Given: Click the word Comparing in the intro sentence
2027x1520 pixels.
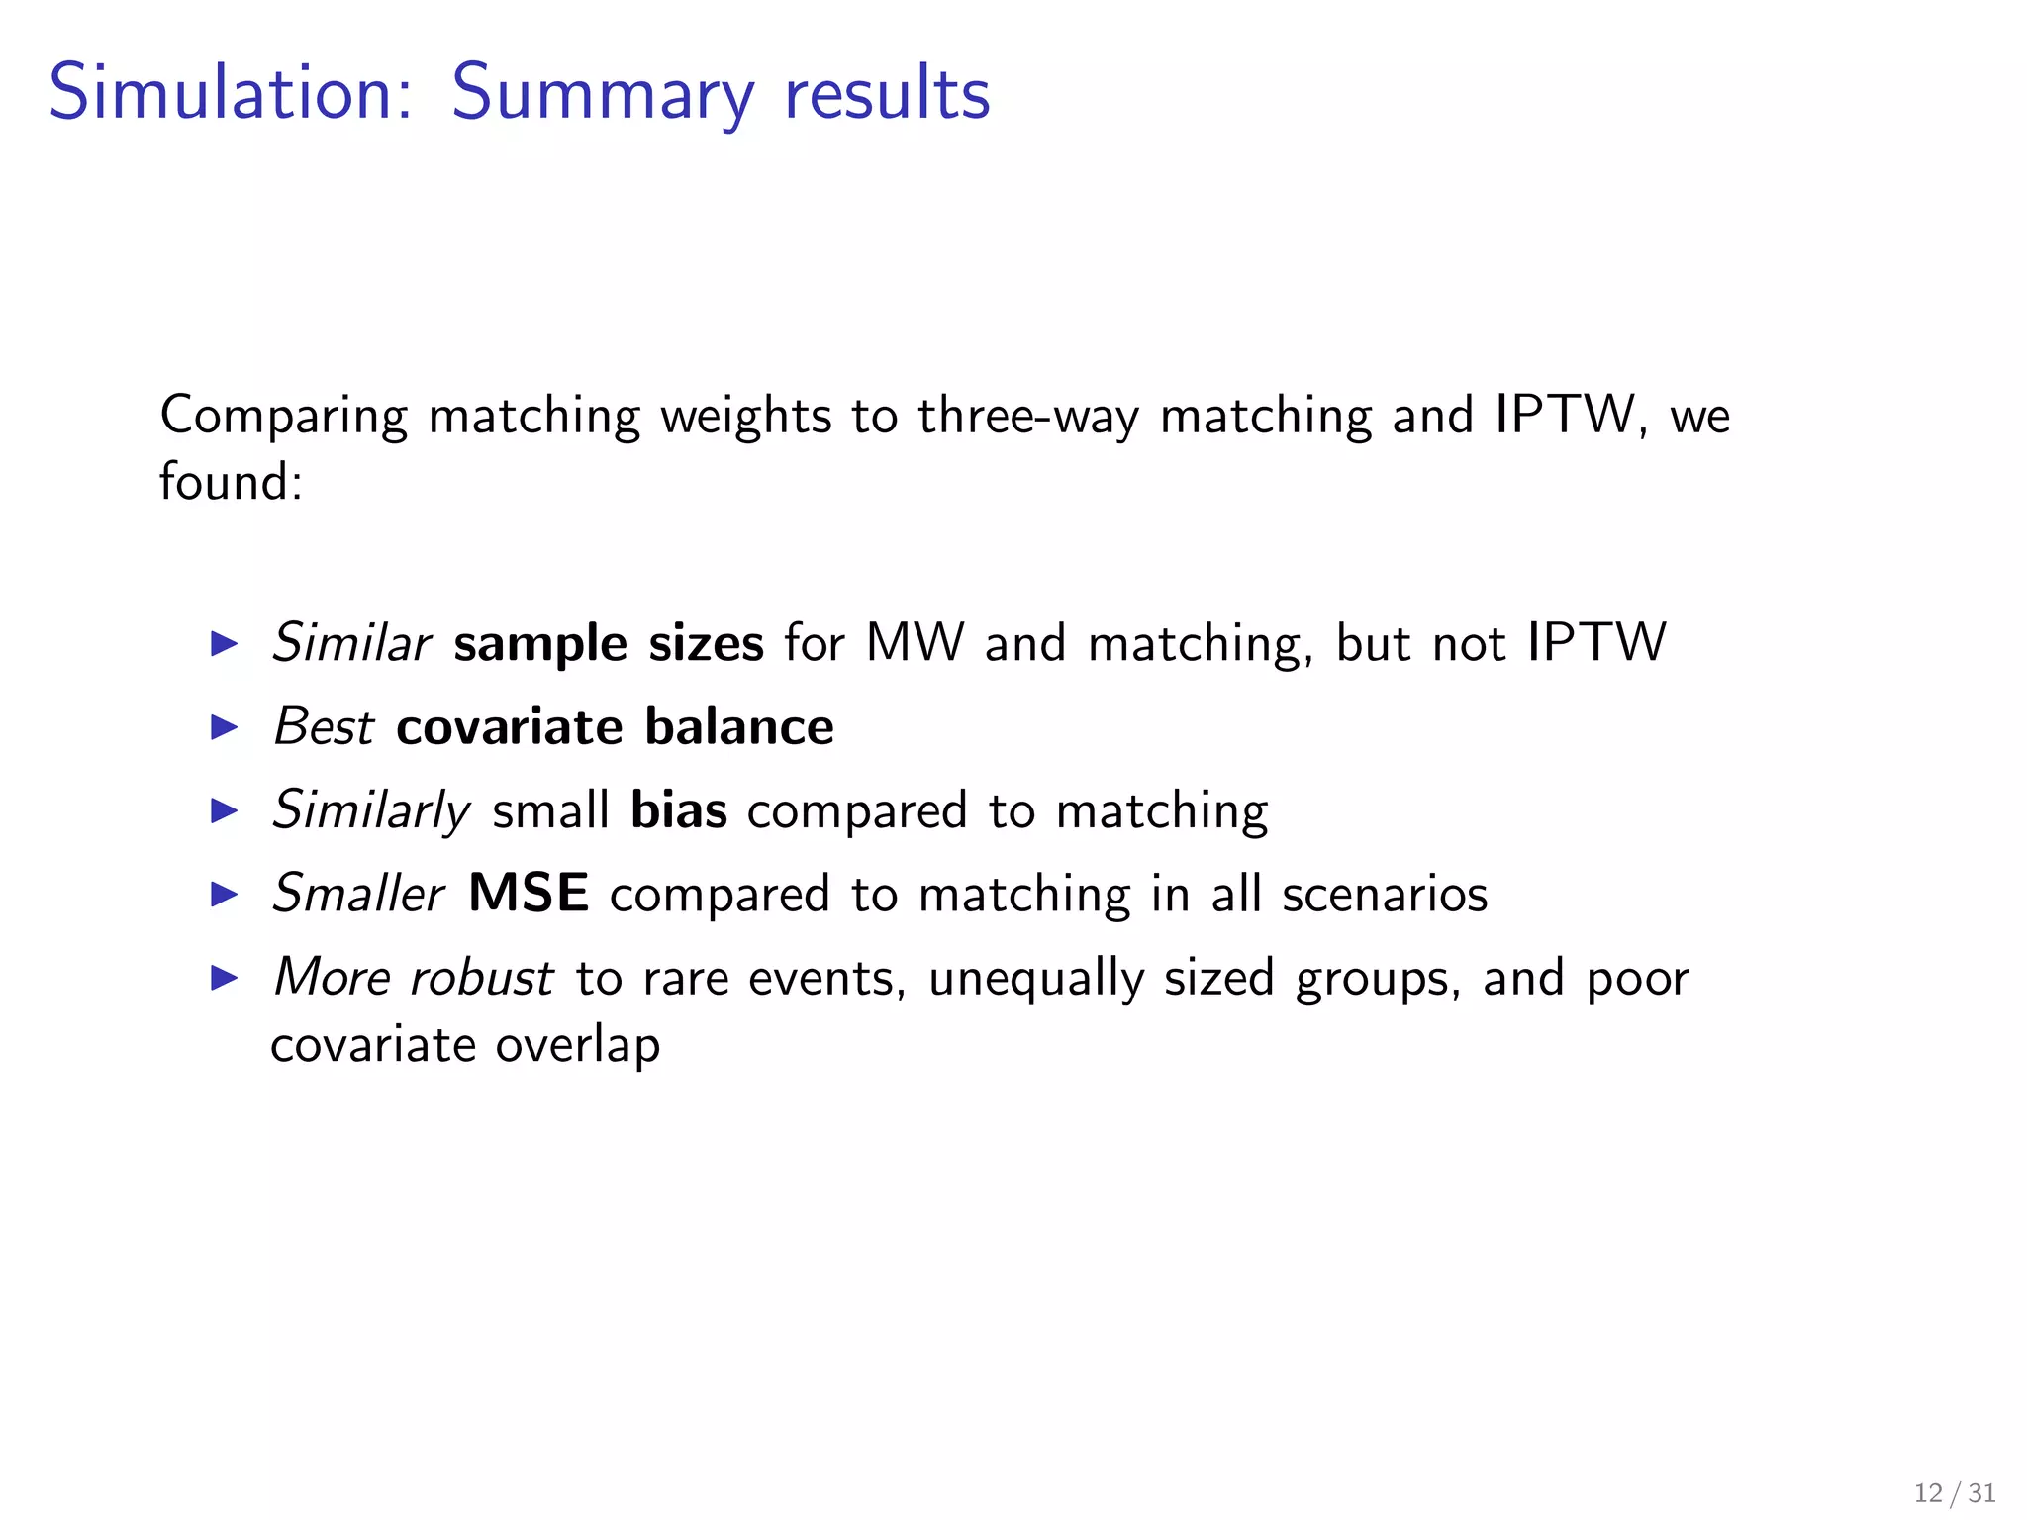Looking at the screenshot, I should tap(284, 416).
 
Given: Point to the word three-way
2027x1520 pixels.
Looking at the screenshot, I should tap(1027, 416).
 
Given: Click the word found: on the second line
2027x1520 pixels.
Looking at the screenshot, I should tap(231, 482).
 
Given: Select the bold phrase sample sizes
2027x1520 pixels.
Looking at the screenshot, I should tap(609, 643).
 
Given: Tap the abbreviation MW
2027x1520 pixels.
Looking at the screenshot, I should tap(914, 643).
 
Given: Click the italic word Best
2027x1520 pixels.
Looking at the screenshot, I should tap(324, 727).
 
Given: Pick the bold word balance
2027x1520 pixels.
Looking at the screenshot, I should tap(739, 727).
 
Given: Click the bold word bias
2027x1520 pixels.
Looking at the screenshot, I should tap(679, 810).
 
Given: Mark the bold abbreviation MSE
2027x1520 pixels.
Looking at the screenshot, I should tap(529, 894).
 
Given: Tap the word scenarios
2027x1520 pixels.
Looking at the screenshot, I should tap(1384, 895).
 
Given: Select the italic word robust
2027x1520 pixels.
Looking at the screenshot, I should tap(482, 978).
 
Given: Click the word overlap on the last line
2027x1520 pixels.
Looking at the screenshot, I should tap(578, 1046).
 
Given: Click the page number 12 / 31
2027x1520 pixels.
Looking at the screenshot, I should tap(1954, 1492).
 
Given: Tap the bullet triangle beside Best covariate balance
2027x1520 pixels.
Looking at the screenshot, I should tap(226, 728).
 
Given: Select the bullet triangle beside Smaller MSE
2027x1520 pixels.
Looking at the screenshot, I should tap(226, 895).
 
